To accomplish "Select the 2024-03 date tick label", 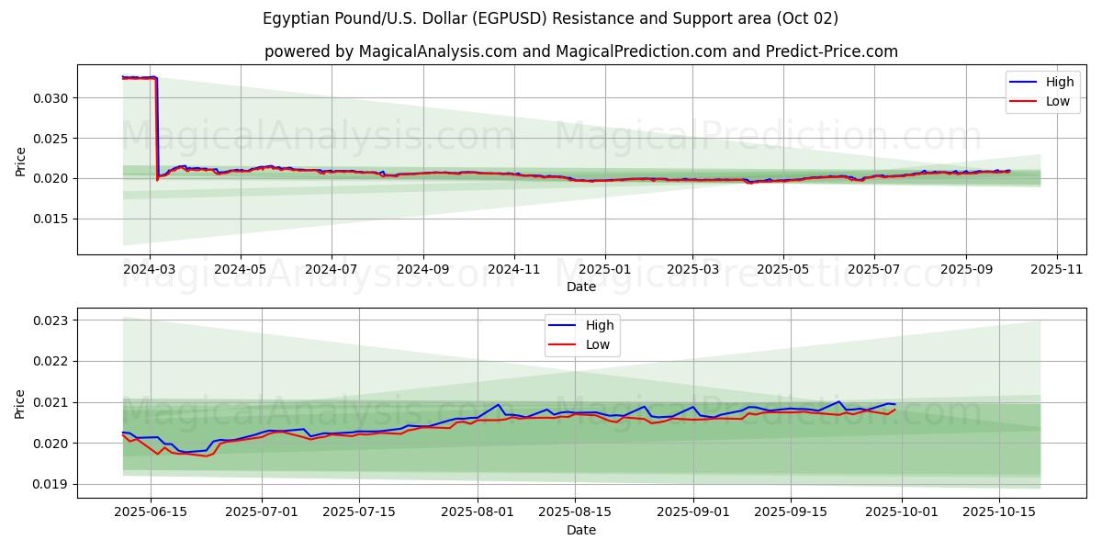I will click(x=150, y=270).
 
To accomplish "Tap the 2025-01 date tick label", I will click(x=605, y=270).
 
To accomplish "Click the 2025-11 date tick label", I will click(x=1057, y=270).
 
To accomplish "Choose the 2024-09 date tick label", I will click(x=423, y=270).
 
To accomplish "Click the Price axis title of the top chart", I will click(x=21, y=160).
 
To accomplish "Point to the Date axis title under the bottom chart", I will click(x=580, y=530).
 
